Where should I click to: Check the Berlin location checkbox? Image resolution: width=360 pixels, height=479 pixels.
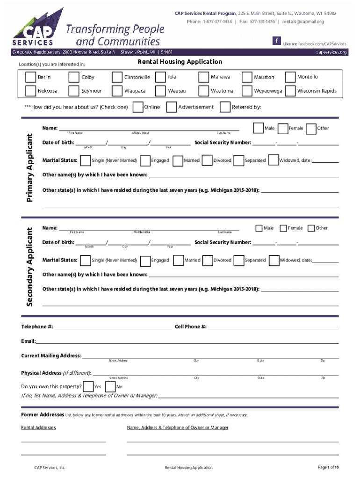[30, 77]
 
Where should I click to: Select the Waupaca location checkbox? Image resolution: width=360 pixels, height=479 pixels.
[117, 91]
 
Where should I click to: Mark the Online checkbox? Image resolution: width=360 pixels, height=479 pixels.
[138, 107]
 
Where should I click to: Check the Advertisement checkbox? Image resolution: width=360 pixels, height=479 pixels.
[172, 107]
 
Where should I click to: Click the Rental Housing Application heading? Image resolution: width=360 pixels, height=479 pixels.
[180, 62]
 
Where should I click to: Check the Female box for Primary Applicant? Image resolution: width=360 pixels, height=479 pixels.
[282, 128]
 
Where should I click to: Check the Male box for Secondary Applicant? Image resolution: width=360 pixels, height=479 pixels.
[259, 228]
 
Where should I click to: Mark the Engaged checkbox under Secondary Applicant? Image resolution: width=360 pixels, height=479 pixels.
[145, 260]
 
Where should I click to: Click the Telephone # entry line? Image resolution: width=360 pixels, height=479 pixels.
[113, 327]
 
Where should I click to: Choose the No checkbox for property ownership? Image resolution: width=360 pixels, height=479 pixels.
[110, 386]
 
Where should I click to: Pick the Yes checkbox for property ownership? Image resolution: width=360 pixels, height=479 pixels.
[88, 386]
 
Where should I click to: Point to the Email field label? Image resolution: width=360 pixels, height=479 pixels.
[28, 341]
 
